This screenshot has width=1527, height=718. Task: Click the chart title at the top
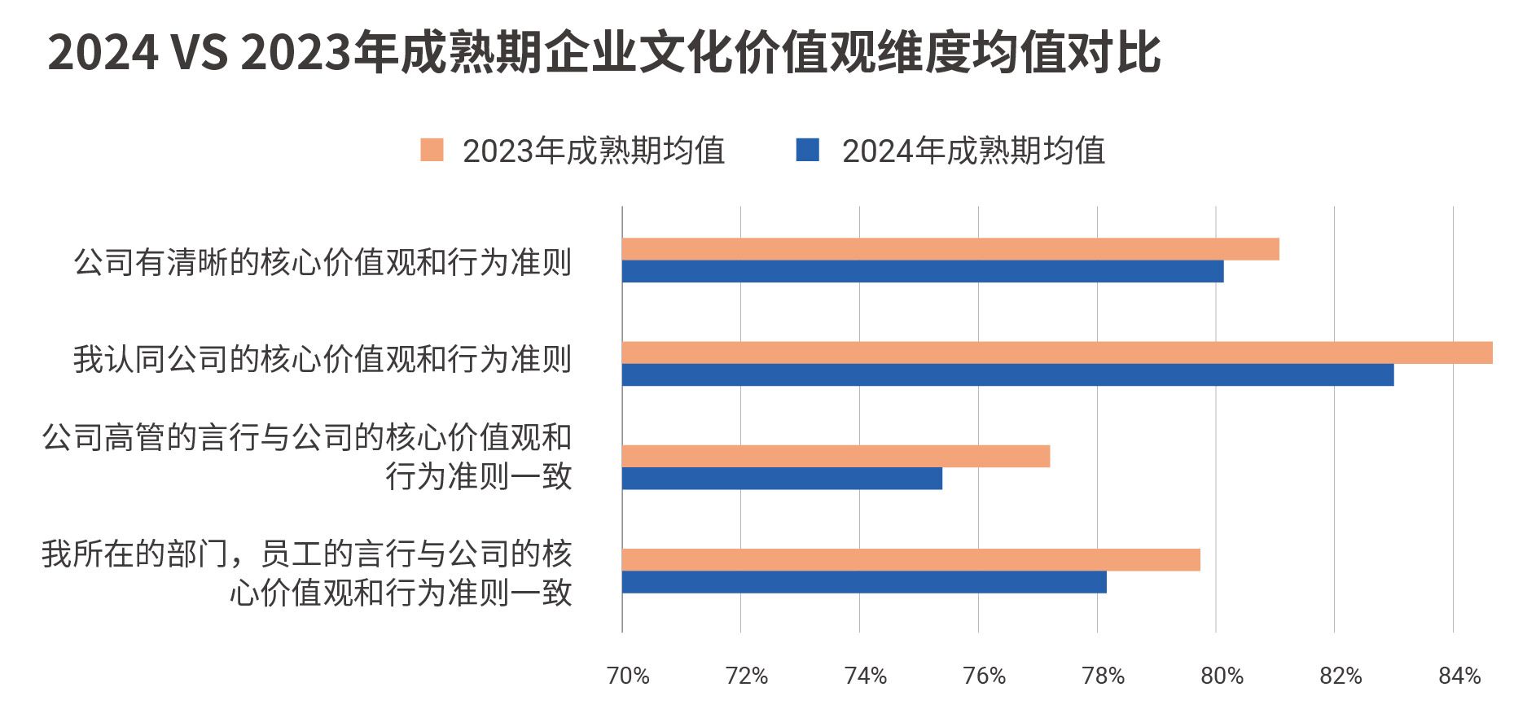(x=603, y=54)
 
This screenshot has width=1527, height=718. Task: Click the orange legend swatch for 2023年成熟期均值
(x=432, y=151)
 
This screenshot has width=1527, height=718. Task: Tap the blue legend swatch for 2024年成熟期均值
(x=807, y=151)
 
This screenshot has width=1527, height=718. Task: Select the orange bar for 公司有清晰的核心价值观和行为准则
(x=950, y=249)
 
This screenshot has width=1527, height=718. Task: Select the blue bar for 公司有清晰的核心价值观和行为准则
(x=923, y=271)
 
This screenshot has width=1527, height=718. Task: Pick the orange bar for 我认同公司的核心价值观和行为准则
(x=1057, y=352)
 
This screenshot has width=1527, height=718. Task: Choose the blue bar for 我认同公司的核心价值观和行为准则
(x=1007, y=374)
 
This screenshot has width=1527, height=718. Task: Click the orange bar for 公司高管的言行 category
(x=836, y=457)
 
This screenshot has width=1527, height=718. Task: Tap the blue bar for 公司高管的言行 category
(x=782, y=479)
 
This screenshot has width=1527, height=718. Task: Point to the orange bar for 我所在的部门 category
(x=910, y=560)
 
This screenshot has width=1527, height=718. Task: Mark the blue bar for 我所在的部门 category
(x=864, y=582)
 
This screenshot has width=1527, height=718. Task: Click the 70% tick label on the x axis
(x=628, y=676)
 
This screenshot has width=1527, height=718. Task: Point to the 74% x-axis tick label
(x=866, y=676)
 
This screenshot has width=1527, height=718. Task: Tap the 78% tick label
(x=1104, y=676)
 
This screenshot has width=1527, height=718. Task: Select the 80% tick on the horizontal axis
(x=1222, y=676)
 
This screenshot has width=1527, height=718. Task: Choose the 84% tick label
(x=1459, y=676)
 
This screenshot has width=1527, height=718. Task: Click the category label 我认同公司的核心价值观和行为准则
(x=323, y=359)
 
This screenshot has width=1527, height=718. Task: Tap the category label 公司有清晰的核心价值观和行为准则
(x=323, y=262)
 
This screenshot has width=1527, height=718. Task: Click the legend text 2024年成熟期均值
(x=973, y=151)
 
